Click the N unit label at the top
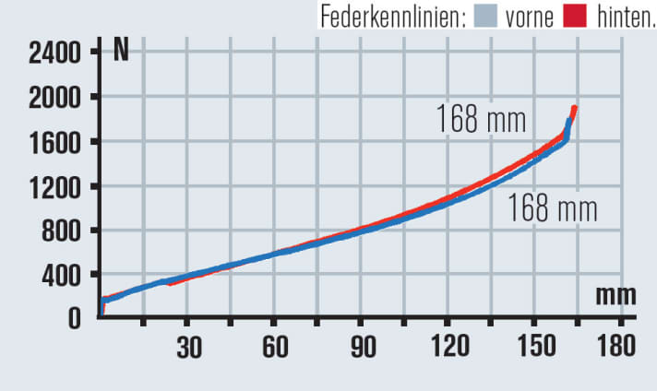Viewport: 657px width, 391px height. pyautogui.click(x=121, y=51)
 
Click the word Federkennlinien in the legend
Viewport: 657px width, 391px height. pyautogui.click(x=393, y=16)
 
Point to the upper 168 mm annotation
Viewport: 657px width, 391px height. pyautogui.click(x=480, y=120)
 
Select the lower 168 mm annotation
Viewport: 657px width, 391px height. pyautogui.click(x=552, y=208)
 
